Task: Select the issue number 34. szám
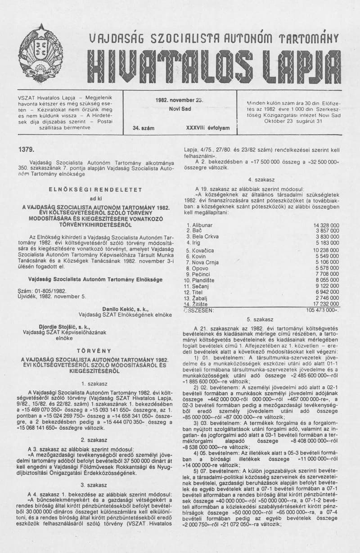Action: pyautogui.click(x=144, y=128)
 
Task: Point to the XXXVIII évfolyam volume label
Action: pyautogui.click(x=207, y=128)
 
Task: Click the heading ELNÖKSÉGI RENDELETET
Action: pyautogui.click(x=95, y=189)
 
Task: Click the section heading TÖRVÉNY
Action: pyautogui.click(x=94, y=350)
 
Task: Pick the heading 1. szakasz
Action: pyautogui.click(x=94, y=383)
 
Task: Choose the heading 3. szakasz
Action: pyautogui.click(x=94, y=485)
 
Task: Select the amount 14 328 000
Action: pyautogui.click(x=326, y=225)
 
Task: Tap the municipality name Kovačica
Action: pyautogui.click(x=203, y=250)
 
